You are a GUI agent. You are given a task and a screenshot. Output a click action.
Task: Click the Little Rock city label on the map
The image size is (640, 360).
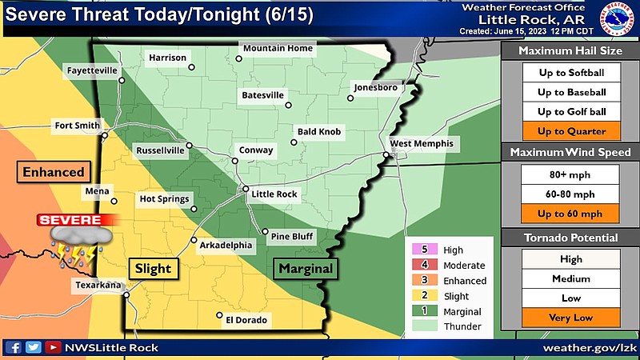[x=274, y=194]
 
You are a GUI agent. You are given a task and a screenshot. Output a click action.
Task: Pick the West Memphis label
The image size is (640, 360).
[x=421, y=144]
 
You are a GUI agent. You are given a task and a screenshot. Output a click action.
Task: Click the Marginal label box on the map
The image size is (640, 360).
[x=304, y=268]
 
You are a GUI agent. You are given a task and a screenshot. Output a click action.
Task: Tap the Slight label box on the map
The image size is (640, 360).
[x=152, y=268]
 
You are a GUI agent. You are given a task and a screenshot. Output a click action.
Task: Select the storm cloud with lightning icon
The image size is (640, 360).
[x=75, y=245]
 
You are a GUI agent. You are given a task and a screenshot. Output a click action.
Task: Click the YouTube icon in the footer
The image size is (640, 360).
[x=53, y=348]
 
